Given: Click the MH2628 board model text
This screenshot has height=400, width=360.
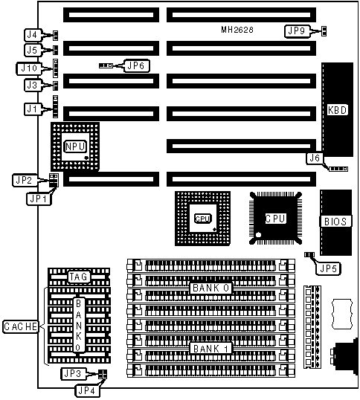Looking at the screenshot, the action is pos(237,30).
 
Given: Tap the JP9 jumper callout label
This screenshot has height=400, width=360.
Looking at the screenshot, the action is pos(297,31).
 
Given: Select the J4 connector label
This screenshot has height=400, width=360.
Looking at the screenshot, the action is pos(33,35).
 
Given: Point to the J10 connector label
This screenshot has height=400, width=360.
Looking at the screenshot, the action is pos(29,68).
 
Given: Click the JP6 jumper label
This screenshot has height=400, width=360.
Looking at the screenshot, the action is pos(136,66).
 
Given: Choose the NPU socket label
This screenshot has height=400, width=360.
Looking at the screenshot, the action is pos(75,146).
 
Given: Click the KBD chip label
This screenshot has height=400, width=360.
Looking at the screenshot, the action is pos(337,110).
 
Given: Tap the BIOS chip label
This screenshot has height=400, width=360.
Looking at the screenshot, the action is pos(335,222).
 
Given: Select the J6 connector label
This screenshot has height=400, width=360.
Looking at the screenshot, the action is pos(315,158).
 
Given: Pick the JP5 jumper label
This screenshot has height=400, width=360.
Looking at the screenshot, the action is pos(328,268).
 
